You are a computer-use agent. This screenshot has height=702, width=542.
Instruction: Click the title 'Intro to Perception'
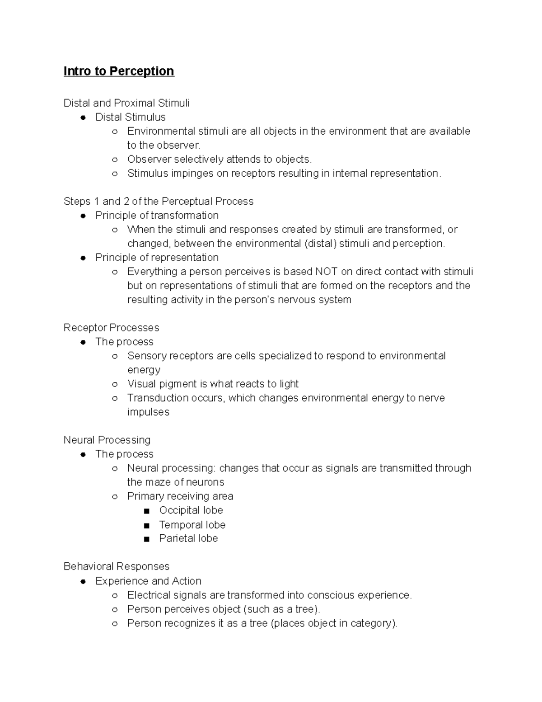tap(119, 71)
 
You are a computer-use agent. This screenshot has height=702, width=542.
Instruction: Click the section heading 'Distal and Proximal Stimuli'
tap(126, 103)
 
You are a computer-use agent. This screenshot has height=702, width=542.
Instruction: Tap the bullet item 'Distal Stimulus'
tap(130, 117)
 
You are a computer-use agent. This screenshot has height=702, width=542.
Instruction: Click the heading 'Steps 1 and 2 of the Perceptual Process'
tap(159, 201)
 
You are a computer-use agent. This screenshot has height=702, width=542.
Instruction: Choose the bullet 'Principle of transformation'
tap(157, 215)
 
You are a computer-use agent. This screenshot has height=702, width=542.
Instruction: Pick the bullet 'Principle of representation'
tap(157, 257)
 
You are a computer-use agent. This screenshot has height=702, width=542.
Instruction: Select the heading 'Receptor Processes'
tap(112, 327)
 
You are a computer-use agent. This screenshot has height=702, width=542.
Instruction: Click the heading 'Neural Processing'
tap(107, 440)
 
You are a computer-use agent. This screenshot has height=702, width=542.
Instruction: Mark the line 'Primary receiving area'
tap(180, 496)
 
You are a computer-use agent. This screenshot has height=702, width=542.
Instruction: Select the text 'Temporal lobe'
tap(192, 524)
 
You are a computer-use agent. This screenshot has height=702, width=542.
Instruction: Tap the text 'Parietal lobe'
tap(188, 538)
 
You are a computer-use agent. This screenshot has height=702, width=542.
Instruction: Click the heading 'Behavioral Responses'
tap(117, 566)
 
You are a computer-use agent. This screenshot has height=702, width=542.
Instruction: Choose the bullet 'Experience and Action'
tap(148, 581)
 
